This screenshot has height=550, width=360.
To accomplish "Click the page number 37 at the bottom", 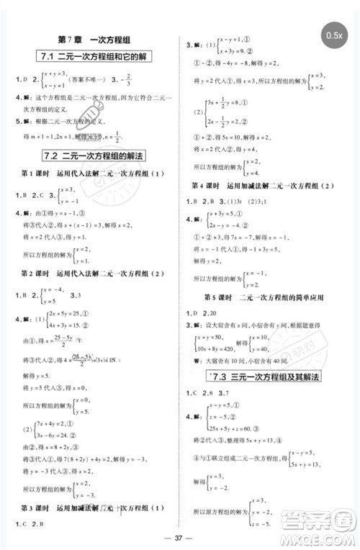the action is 179,540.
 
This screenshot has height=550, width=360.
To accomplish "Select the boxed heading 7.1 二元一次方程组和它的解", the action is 92,57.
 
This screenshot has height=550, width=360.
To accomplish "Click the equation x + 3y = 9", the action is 225,51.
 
